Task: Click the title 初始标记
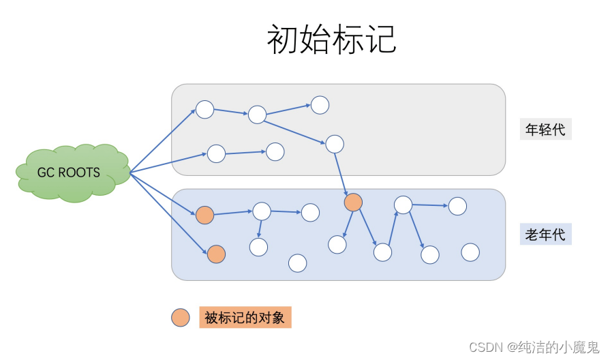[x=332, y=40]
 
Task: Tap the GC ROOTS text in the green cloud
[x=69, y=172]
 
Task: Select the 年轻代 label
[x=545, y=129]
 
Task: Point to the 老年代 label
[x=545, y=235]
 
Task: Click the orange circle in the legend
[x=181, y=317]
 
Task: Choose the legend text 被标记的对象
[x=245, y=317]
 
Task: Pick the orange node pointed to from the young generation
[x=353, y=202]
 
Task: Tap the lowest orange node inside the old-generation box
[x=216, y=254]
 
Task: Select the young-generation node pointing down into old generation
[x=334, y=144]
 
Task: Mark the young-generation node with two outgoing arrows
[x=257, y=115]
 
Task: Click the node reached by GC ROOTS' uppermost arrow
[x=205, y=109]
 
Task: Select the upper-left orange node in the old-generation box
[x=204, y=215]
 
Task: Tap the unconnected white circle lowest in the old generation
[x=297, y=262]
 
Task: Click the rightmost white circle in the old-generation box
[x=470, y=252]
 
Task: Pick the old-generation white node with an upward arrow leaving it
[x=383, y=252]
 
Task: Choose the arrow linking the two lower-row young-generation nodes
[x=245, y=153]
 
